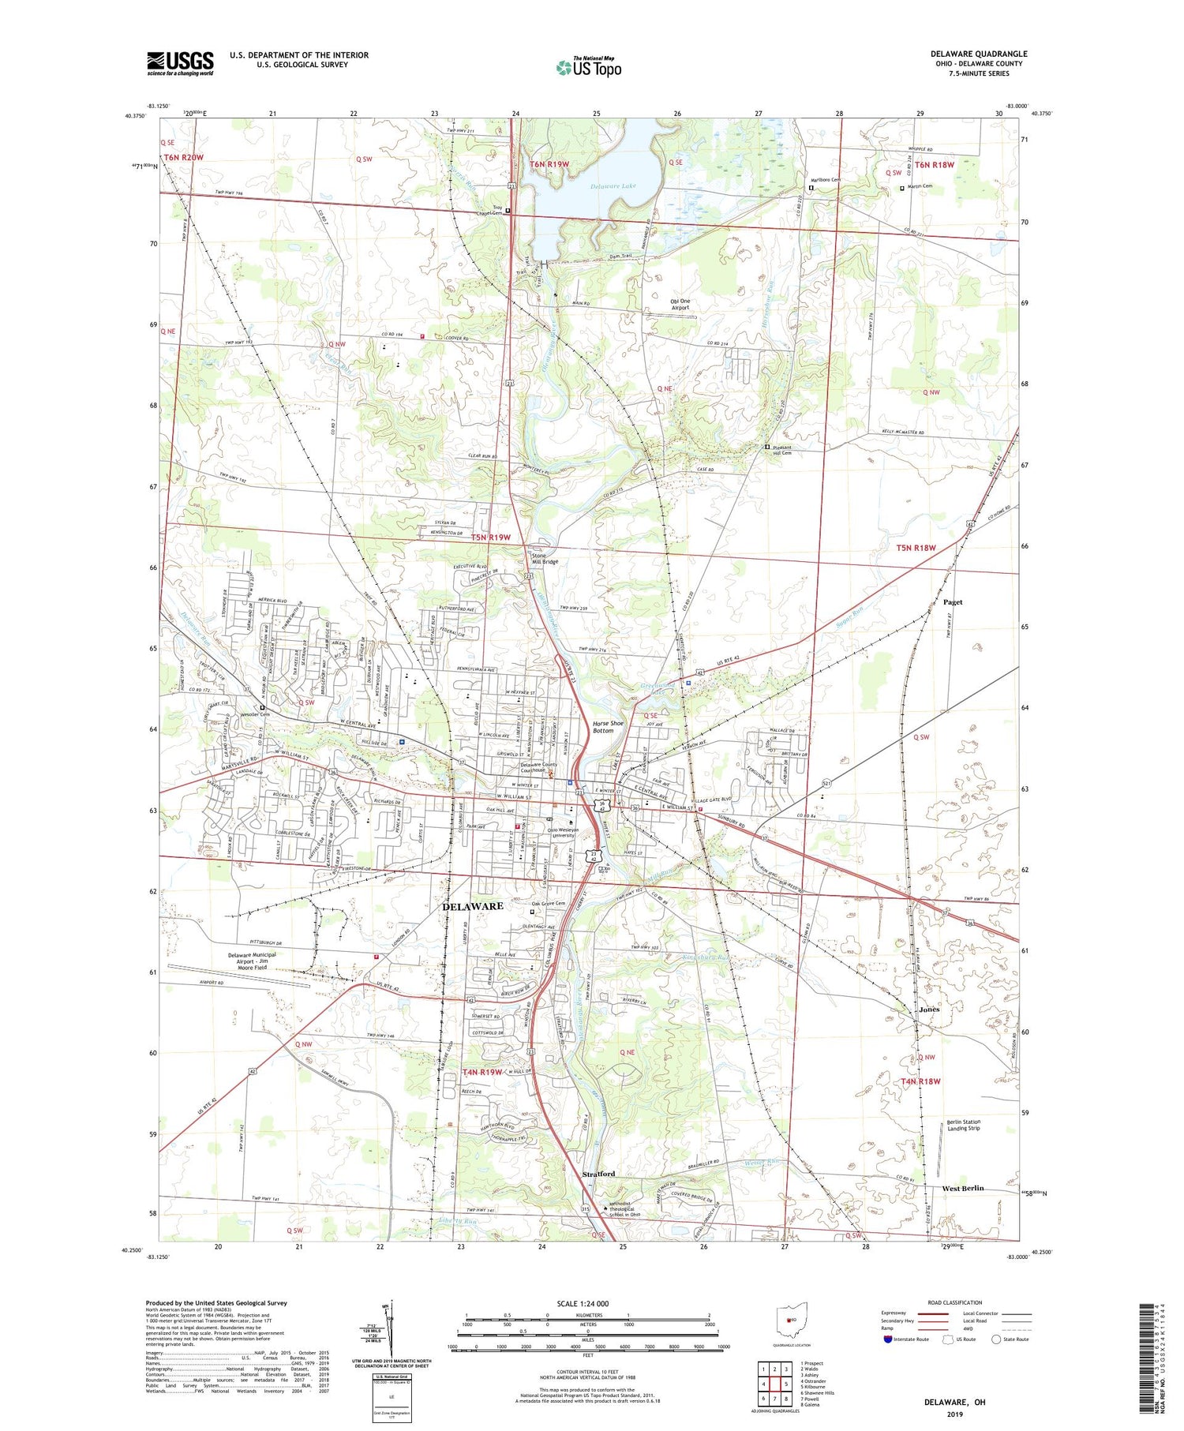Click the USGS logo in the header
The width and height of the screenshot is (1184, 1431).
[x=180, y=63]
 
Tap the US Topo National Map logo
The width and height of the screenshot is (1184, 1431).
[x=588, y=67]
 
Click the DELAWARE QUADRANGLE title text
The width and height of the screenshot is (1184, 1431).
[x=978, y=54]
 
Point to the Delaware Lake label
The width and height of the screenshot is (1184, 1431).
[x=613, y=187]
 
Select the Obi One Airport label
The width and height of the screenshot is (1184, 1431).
[x=680, y=305]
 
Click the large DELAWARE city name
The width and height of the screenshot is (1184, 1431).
[x=472, y=906]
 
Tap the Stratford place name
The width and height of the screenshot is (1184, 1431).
[x=598, y=1174]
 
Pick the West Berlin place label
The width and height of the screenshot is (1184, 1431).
[x=962, y=1188]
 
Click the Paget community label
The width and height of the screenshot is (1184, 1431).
[x=953, y=601]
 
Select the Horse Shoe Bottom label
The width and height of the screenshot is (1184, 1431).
[x=603, y=726]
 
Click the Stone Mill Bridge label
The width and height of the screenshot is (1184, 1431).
[x=545, y=558]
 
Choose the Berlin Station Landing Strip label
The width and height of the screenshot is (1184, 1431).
[x=963, y=1125]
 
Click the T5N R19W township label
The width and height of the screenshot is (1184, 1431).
[x=490, y=538]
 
